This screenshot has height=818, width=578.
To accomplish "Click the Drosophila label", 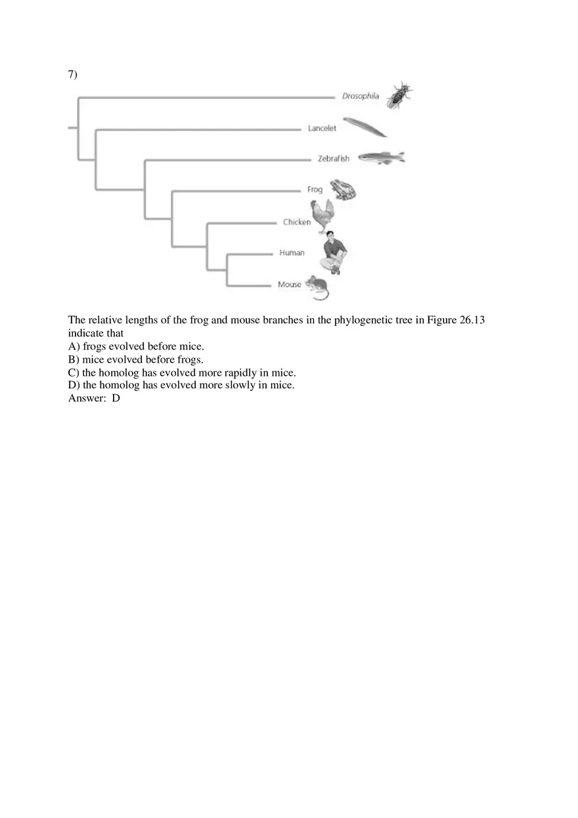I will (x=360, y=96).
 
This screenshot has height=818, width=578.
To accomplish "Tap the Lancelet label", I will (x=322, y=129).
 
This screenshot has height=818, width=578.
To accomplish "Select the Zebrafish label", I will (x=334, y=159).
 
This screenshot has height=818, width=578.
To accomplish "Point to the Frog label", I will (x=315, y=190).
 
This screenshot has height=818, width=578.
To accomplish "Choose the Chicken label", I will (x=296, y=222).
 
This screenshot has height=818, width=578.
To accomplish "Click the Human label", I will (x=292, y=253).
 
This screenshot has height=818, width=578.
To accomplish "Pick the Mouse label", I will (x=289, y=285).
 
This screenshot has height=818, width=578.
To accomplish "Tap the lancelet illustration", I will (x=365, y=127).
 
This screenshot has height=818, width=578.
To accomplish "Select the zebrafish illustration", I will (x=381, y=157).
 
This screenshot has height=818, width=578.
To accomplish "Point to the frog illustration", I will (x=342, y=189).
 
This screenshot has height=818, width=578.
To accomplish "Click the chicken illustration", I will (x=323, y=216).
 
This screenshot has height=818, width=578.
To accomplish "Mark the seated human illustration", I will (x=335, y=253).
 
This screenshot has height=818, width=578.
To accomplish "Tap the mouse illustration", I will (x=317, y=287).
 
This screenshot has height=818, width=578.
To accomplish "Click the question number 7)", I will (x=73, y=74).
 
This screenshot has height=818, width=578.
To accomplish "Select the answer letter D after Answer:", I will (x=116, y=398).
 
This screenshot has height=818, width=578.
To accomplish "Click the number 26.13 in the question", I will (x=471, y=320).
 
